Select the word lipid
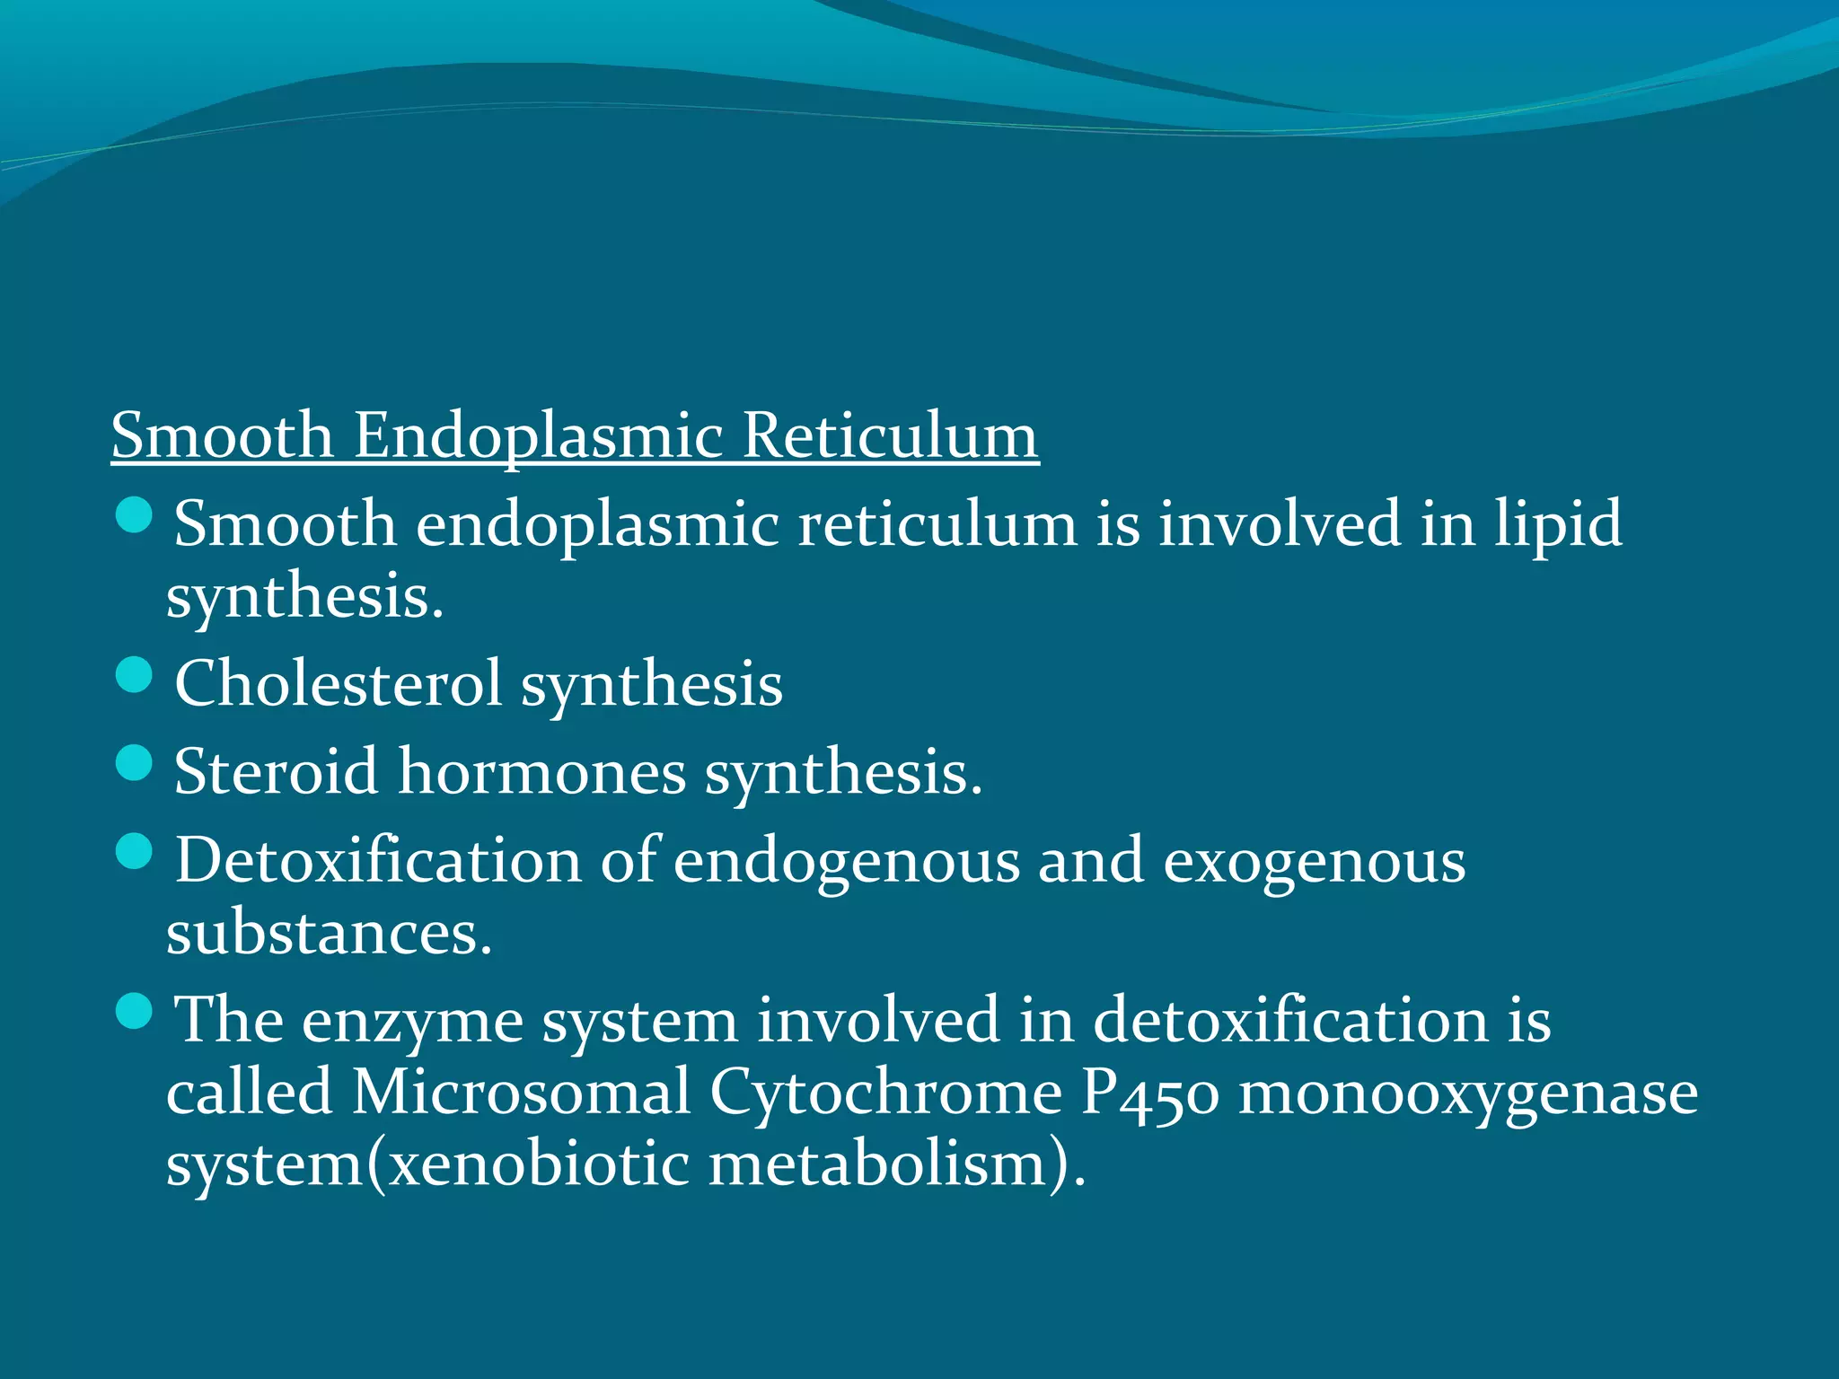click(x=1558, y=523)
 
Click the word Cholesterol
click(x=338, y=684)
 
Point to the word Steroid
click(x=276, y=771)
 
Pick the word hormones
click(x=541, y=771)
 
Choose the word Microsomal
click(x=521, y=1093)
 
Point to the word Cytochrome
click(x=885, y=1094)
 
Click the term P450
click(x=1149, y=1093)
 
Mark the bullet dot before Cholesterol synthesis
click(x=135, y=675)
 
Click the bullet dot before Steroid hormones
click(x=135, y=762)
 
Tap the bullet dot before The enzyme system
click(x=135, y=1011)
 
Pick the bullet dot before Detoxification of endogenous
click(x=135, y=851)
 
